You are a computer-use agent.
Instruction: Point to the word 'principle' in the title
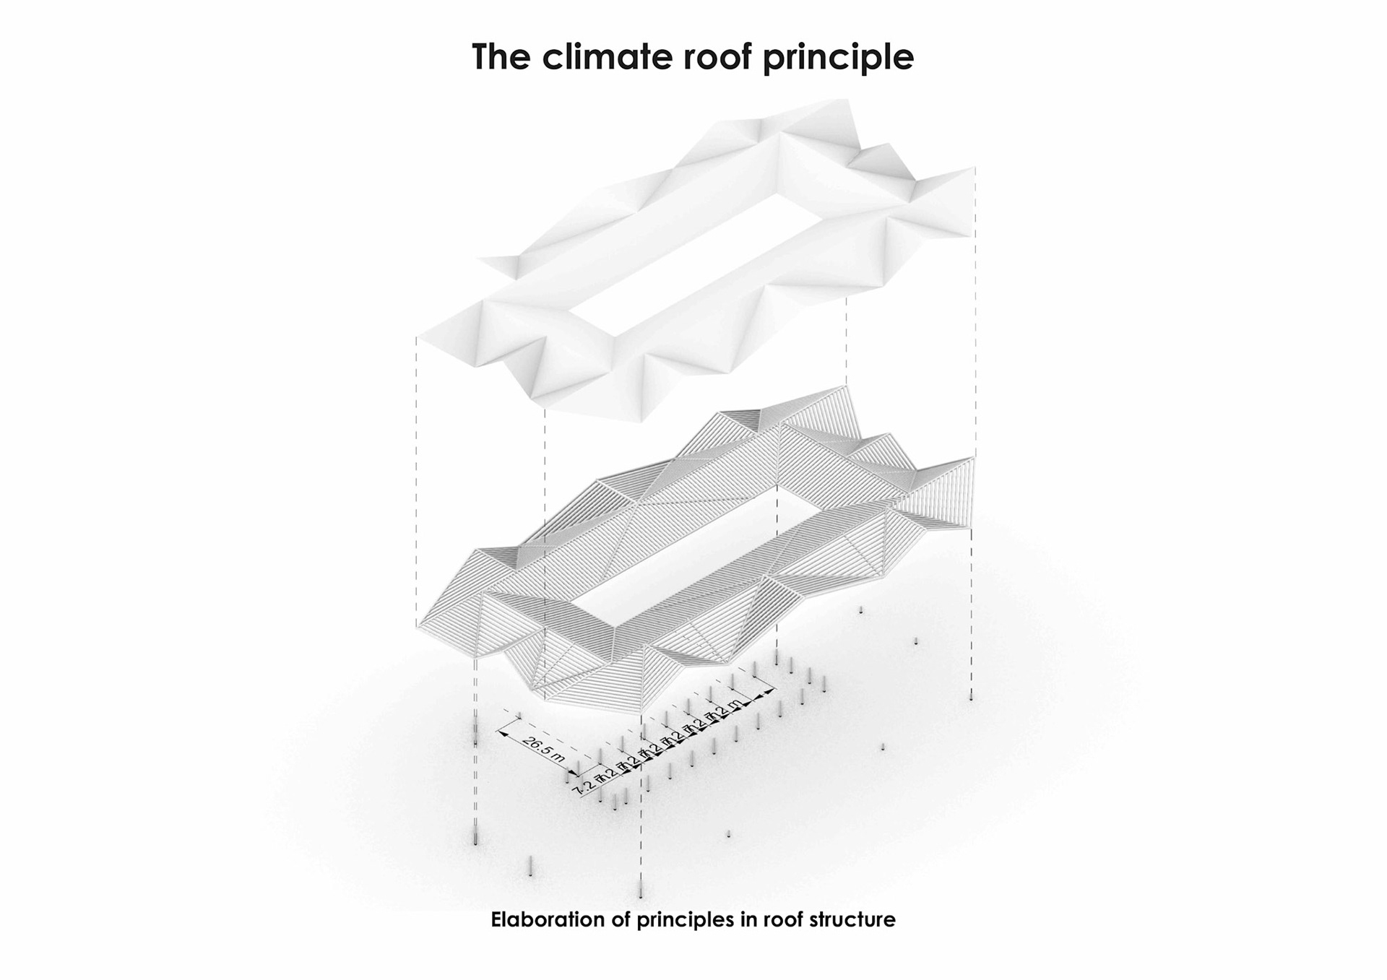[x=838, y=58]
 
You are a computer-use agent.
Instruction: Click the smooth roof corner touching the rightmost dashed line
[x=973, y=169]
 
